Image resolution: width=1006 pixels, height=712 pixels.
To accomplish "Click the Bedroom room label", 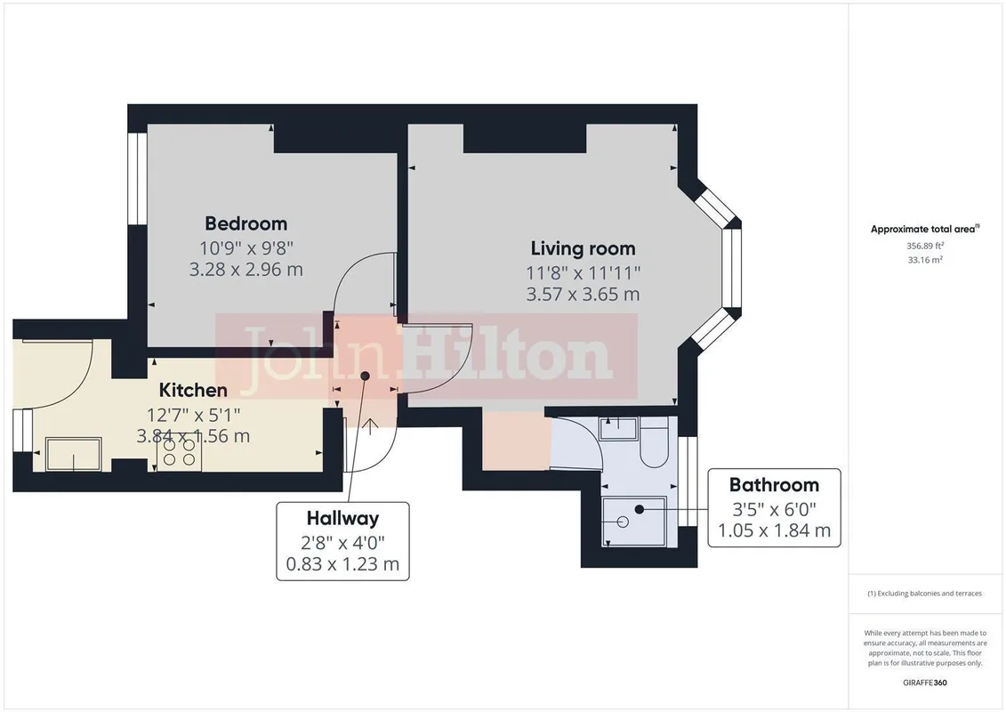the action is tap(245, 223).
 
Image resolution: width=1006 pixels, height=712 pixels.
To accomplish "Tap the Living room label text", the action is tap(583, 248).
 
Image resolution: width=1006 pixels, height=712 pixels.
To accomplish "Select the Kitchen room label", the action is tap(193, 390).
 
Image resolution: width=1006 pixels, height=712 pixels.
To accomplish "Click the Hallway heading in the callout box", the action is tap(342, 518).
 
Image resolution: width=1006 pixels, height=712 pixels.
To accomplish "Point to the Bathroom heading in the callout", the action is tap(774, 485).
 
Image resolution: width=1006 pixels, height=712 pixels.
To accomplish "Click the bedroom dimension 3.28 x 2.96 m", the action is tap(245, 270).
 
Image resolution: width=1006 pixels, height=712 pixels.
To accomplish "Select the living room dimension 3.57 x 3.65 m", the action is tap(583, 295).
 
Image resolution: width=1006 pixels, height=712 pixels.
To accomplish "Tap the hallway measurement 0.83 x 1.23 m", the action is tap(342, 564).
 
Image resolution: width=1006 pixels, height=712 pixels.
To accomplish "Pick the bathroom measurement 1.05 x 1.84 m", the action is tap(774, 531).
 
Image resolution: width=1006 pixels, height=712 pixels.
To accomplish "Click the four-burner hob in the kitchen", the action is tap(180, 452).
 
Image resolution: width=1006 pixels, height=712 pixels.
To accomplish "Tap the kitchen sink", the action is tap(74, 454).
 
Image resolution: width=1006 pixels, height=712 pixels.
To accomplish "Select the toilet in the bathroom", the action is tap(655, 443).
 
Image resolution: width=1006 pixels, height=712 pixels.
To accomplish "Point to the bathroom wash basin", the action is tap(618, 427).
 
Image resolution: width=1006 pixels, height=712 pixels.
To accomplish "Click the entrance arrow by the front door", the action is tap(371, 426).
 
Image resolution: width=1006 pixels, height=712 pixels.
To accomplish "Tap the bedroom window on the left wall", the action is tap(137, 179).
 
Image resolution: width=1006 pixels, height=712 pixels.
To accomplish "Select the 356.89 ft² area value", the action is tap(924, 246).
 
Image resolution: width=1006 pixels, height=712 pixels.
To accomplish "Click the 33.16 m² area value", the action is tap(924, 260).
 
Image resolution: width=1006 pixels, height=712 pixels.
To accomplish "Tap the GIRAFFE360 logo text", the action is tap(924, 683).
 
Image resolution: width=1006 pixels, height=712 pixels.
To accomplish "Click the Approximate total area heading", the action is tap(924, 229).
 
